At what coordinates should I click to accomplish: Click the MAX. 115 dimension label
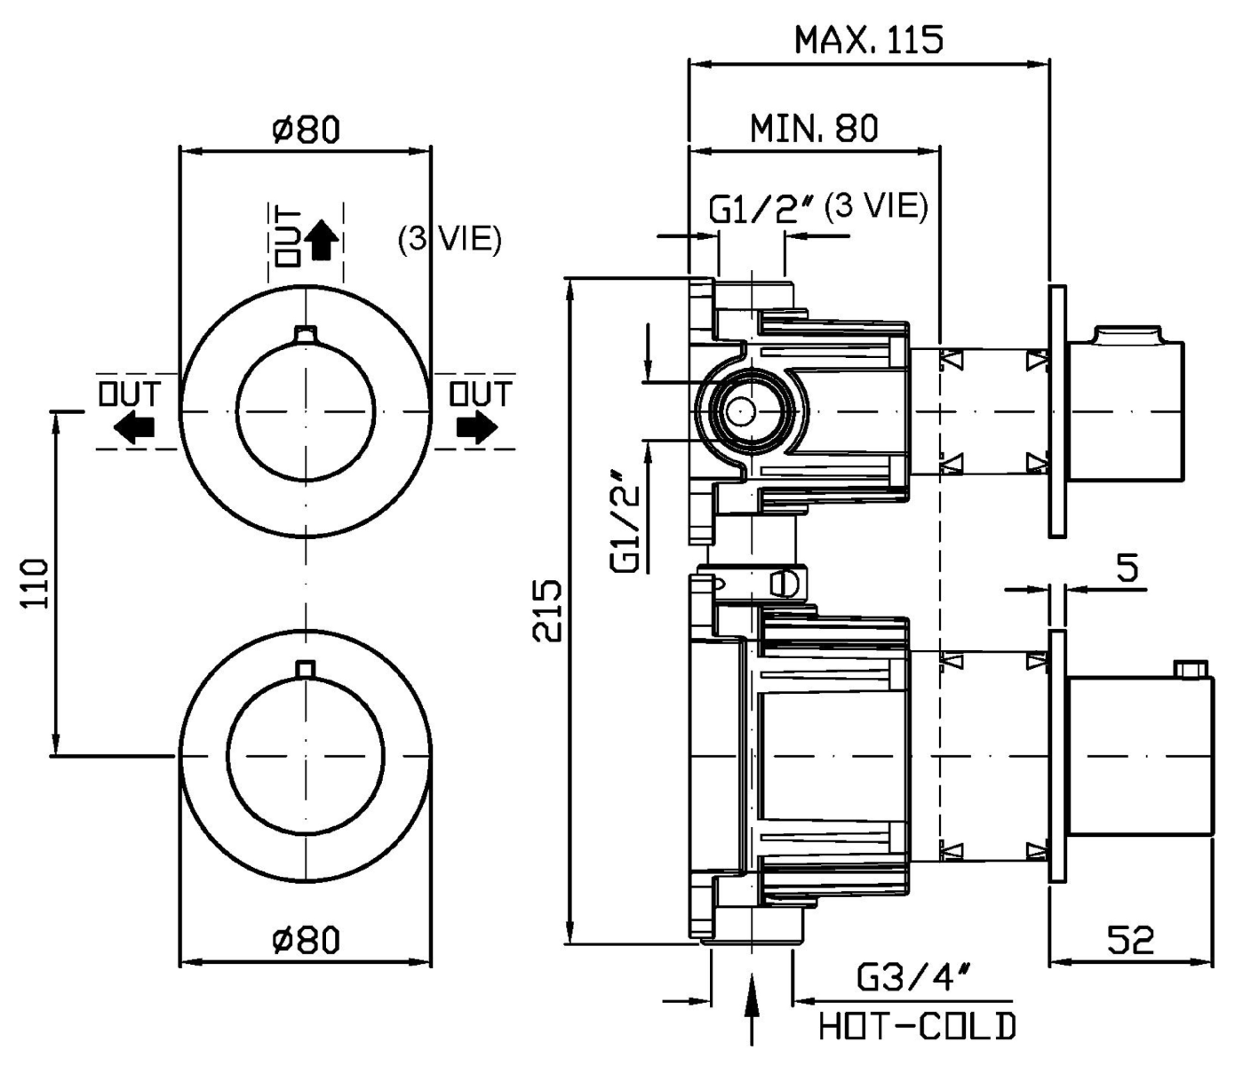868,40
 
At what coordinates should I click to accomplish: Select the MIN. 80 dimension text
814,129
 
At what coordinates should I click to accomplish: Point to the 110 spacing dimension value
36,583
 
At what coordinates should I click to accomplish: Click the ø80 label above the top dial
306,130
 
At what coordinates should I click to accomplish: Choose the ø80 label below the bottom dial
306,939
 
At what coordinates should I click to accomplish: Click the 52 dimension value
1130,939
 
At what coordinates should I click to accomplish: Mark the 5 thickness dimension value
1127,569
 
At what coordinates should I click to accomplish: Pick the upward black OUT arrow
321,240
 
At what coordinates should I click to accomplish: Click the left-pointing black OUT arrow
132,430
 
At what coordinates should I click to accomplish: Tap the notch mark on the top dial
306,334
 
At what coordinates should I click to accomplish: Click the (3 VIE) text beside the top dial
450,239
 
